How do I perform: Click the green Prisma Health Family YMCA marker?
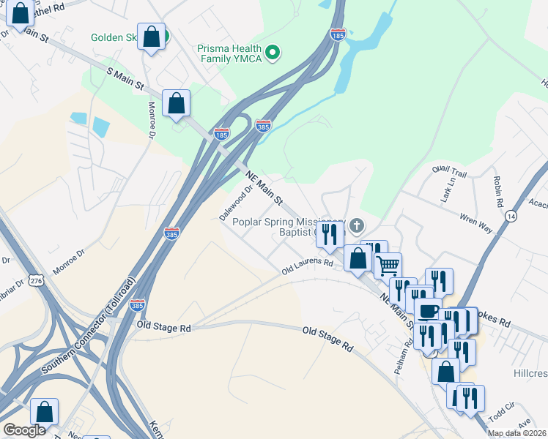[273, 51]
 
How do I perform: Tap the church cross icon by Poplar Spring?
[356, 225]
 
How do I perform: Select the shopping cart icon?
[388, 264]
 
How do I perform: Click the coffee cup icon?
[428, 309]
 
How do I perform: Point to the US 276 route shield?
[37, 281]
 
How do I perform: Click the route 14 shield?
[510, 216]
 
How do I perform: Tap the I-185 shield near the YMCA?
[337, 34]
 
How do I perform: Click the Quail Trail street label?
[449, 170]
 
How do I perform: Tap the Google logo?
[24, 430]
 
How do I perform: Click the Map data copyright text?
[517, 433]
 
